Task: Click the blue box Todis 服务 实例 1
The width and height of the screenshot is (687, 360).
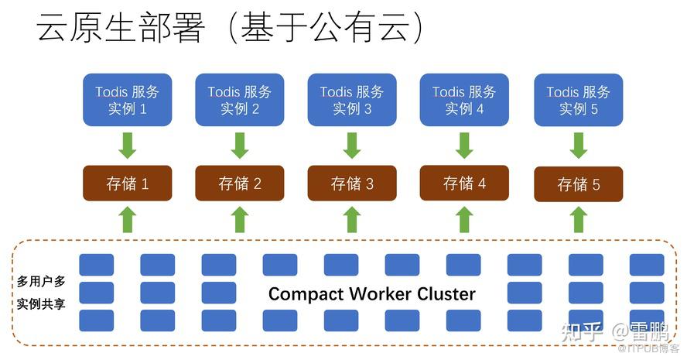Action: coord(128,100)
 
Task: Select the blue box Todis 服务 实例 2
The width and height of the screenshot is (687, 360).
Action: coord(240,100)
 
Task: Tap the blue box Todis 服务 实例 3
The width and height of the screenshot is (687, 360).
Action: coord(352,100)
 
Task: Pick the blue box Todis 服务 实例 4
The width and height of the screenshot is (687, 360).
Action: coord(464,100)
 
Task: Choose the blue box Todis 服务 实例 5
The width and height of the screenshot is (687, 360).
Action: coord(578,100)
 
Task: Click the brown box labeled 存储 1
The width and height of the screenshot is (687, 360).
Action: coord(128,183)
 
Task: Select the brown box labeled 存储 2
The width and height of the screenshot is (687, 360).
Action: coord(240,183)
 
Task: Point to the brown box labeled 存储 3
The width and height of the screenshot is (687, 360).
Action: coord(352,183)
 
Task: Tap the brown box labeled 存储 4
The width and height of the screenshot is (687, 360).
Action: coord(464,183)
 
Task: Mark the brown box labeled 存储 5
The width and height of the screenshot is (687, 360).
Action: coord(578,185)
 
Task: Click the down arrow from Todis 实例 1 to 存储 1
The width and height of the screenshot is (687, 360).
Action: coord(128,145)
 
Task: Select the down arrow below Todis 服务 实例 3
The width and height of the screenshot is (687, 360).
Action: coord(352,145)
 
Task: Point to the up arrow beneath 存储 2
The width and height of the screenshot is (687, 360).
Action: coord(240,219)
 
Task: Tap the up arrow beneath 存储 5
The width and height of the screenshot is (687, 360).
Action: coord(578,219)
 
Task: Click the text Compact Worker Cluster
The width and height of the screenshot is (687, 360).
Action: coord(371,294)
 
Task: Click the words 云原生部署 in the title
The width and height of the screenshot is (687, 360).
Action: coord(121,29)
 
